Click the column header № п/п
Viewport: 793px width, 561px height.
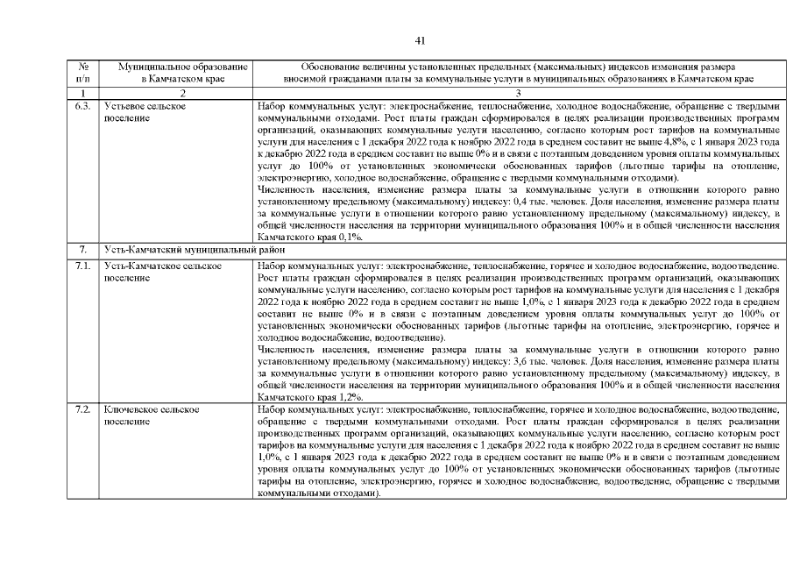(x=83, y=72)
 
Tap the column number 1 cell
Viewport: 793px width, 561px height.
(x=83, y=92)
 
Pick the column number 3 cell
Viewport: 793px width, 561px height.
(x=517, y=92)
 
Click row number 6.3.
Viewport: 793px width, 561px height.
(x=83, y=105)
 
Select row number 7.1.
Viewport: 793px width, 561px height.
(x=83, y=265)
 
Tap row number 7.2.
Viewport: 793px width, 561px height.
(x=83, y=409)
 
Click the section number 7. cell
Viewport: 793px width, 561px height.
(x=83, y=250)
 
